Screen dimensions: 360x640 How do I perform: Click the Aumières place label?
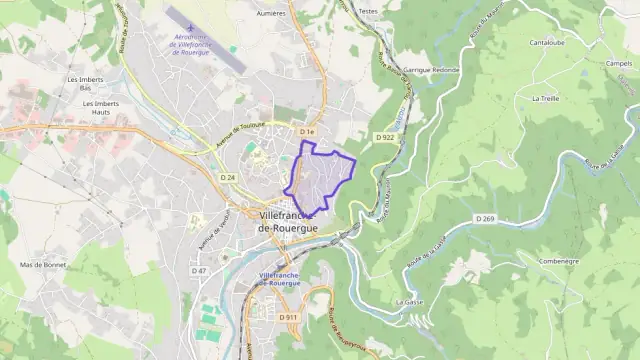(272, 14)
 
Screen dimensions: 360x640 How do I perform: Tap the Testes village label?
(367, 11)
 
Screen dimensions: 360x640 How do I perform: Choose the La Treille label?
(546, 98)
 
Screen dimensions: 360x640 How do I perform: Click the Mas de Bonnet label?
(42, 265)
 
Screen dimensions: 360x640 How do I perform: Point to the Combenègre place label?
(558, 260)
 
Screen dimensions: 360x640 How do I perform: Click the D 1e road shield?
(307, 132)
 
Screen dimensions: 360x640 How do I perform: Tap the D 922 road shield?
(386, 136)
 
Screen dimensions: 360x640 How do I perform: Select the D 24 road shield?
(228, 177)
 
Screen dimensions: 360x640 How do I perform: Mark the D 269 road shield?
(485, 218)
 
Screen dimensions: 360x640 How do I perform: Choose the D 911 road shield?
(289, 317)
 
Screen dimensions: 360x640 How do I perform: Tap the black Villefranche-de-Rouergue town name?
(287, 222)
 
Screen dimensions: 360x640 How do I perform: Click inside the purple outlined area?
(322, 176)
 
